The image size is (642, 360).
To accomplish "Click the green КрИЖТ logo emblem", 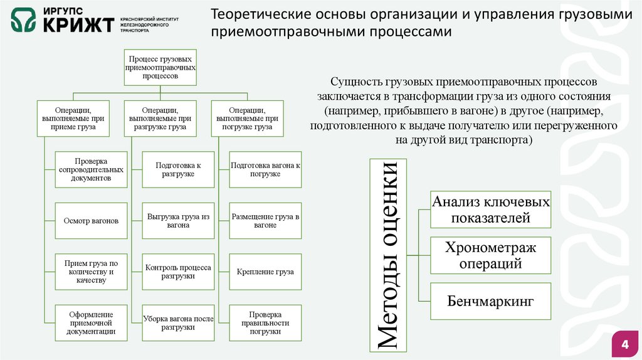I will tap(23, 21).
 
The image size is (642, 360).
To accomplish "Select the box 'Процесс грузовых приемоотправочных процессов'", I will tap(160, 66).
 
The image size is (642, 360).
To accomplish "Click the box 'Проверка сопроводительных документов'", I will tap(91, 169).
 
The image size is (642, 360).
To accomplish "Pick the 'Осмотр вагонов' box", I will tap(91, 221).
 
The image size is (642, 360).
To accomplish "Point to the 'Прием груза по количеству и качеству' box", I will tap(91, 272).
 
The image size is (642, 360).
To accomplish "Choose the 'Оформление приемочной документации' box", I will tap(91, 322).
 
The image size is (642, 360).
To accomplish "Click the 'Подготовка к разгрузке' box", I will tap(178, 169).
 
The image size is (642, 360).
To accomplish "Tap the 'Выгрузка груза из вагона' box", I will tap(178, 221).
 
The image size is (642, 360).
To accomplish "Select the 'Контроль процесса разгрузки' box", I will tap(178, 272).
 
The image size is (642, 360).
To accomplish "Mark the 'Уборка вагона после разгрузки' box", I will tap(178, 322).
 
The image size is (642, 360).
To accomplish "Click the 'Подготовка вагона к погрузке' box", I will tap(265, 169).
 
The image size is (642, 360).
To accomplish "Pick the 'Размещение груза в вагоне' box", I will tap(265, 221).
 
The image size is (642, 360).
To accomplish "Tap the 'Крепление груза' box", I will tap(265, 272).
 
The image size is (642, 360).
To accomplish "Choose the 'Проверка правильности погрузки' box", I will tap(265, 322).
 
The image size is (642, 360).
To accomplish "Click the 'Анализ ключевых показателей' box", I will tap(490, 209).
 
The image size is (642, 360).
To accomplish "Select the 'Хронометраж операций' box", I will tap(490, 255).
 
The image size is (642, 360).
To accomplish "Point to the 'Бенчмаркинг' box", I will tap(490, 301).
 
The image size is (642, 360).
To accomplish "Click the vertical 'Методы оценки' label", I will tap(387, 255).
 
